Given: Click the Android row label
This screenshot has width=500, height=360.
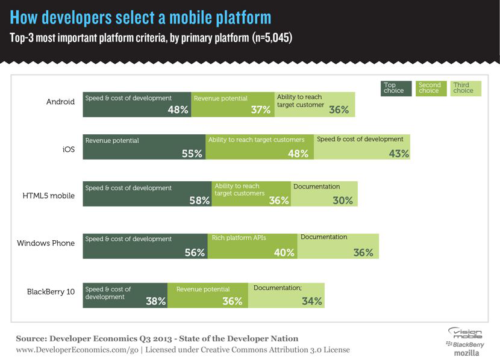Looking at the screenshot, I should click(60, 102).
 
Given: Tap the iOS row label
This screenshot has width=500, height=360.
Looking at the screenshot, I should click(69, 149).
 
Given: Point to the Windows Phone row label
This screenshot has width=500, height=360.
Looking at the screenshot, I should click(46, 243).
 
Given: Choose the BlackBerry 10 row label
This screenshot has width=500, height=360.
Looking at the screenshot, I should click(51, 291).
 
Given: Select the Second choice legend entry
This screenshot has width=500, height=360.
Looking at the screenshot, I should click(430, 88).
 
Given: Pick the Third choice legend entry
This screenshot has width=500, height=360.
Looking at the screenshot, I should click(463, 88).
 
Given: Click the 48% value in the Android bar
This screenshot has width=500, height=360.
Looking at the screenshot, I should click(178, 110).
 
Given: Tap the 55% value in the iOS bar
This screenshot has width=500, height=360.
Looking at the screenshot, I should click(192, 154).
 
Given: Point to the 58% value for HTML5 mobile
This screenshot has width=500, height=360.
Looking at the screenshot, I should click(199, 200).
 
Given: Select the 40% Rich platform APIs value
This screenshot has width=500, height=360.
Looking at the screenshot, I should click(284, 253).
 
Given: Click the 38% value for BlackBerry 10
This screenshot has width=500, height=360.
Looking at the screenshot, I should click(156, 301).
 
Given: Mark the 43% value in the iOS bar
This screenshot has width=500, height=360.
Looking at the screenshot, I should click(399, 154).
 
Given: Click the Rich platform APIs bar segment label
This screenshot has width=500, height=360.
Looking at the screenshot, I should click(239, 238).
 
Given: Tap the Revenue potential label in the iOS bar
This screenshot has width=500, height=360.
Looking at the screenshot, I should click(112, 141).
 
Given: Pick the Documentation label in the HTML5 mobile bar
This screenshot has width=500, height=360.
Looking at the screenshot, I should click(317, 187).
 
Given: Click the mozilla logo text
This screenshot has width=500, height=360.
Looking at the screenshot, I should click(467, 353).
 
